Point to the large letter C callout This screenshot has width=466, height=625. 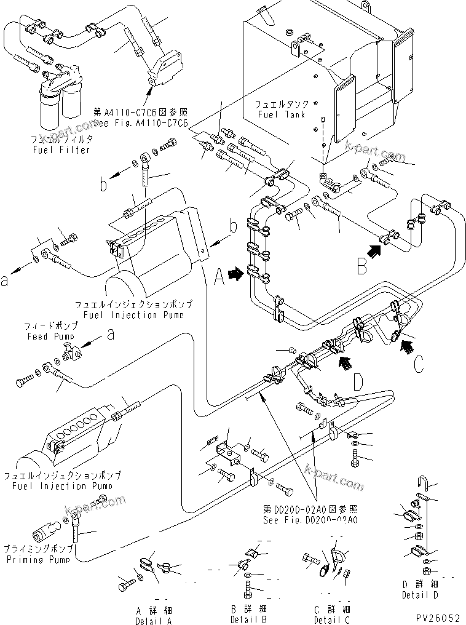pyautogui.click(x=418, y=364)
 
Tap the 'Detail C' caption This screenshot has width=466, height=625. pyautogui.click(x=332, y=619)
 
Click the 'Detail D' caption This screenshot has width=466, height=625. pyautogui.click(x=419, y=595)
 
